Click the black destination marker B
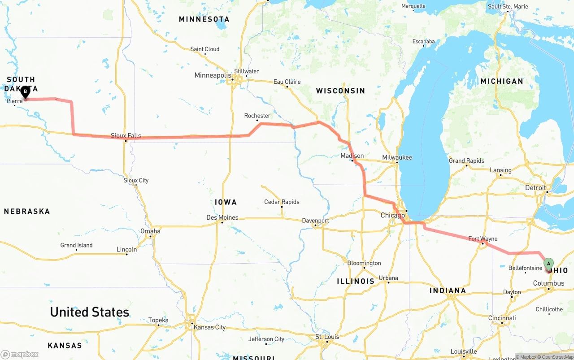tap(26, 92)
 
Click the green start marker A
tap(548, 263)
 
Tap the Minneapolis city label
tap(213, 75)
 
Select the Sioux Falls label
tap(126, 135)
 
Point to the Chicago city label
tap(392, 216)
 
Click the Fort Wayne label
tap(483, 239)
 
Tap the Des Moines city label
tap(222, 217)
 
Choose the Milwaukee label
tap(397, 157)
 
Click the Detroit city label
tap(535, 188)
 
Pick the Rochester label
tap(257, 116)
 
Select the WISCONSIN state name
tap(340, 91)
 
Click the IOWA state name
tap(226, 202)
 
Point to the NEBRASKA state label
tap(27, 211)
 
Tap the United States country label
tap(89, 312)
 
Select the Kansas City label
tap(209, 327)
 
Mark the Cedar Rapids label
tap(282, 202)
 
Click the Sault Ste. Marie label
tap(508, 6)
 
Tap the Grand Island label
tap(76, 245)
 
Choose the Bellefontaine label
tap(525, 268)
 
